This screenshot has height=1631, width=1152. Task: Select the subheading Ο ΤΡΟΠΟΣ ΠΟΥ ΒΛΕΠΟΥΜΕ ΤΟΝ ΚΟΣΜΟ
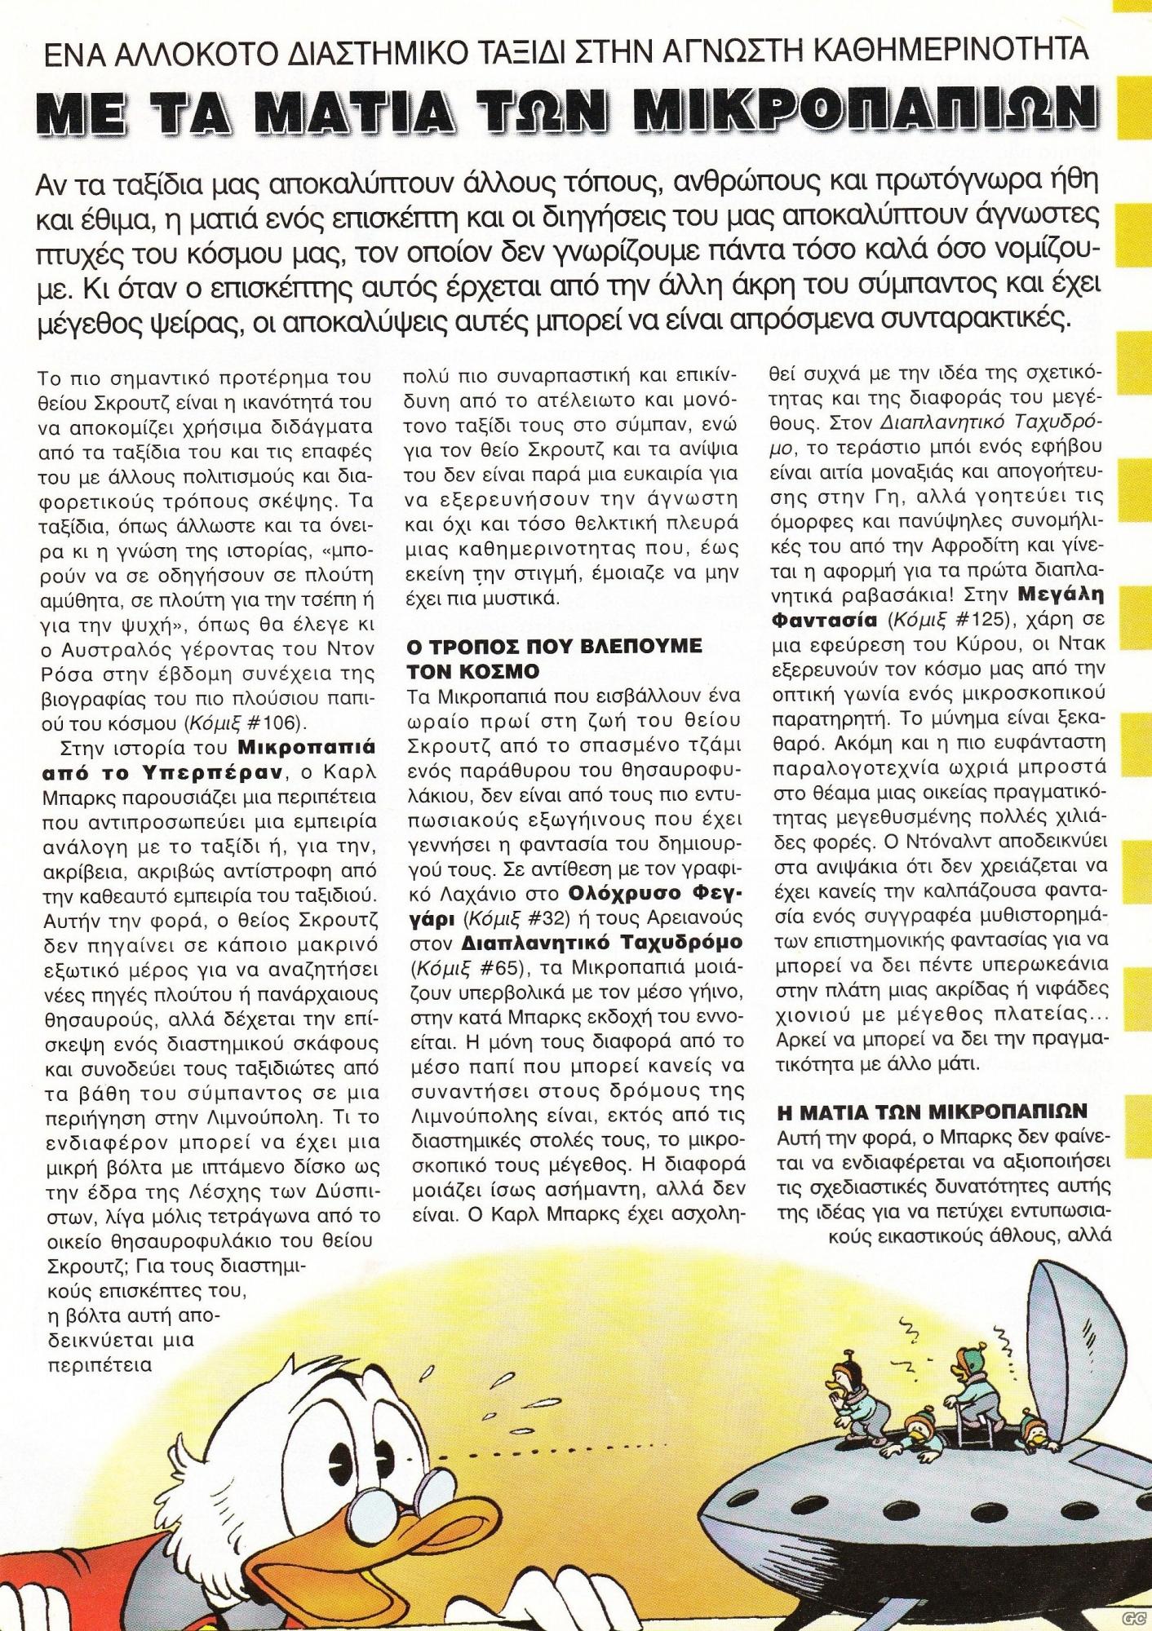(x=554, y=658)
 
